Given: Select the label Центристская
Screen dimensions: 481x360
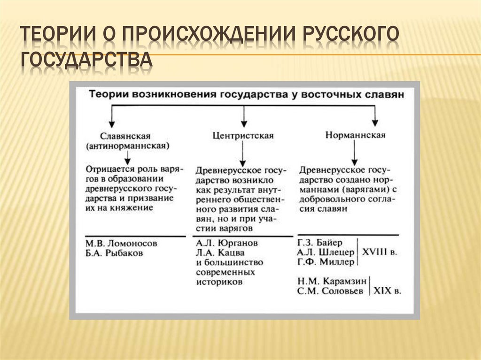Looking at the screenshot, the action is [x=243, y=136].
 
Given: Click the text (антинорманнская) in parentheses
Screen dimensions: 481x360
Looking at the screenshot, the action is [x=128, y=146].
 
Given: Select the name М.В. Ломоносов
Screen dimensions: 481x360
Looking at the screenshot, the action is [x=122, y=244].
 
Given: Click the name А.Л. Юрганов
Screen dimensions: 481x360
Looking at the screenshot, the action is [x=227, y=244].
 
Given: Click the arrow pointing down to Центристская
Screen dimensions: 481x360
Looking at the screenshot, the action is [x=243, y=115].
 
